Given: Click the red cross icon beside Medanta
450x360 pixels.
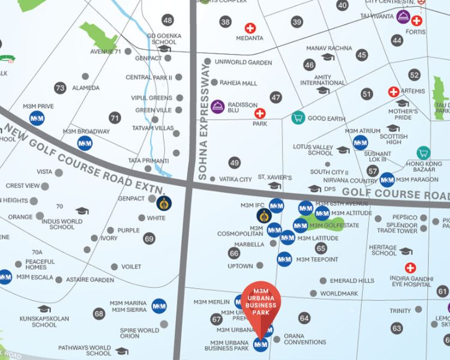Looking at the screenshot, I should [x=250, y=28].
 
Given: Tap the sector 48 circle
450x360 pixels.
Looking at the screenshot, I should [x=167, y=20].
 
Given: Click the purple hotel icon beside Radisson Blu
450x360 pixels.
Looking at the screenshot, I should [x=218, y=107].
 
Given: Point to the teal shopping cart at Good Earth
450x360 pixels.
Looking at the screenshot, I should [x=297, y=118].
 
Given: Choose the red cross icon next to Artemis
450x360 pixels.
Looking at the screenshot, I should [x=394, y=92].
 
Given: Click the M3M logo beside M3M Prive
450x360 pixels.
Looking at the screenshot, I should [x=37, y=118].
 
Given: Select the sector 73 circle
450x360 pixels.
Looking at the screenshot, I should [x=59, y=88].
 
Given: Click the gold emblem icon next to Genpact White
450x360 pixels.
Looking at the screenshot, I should [x=164, y=204].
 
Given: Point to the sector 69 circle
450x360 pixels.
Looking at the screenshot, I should [x=149, y=239].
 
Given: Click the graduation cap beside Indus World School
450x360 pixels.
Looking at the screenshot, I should [x=82, y=211].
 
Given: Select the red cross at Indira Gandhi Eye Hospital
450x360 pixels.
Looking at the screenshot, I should [x=410, y=268].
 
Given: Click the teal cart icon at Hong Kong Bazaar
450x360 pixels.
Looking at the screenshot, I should [x=424, y=152].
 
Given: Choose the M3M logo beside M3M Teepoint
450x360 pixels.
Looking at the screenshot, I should [x=284, y=259].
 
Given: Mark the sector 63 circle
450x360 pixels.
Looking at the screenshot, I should [x=397, y=328].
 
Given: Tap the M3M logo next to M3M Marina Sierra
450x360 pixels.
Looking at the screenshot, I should [x=160, y=306].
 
